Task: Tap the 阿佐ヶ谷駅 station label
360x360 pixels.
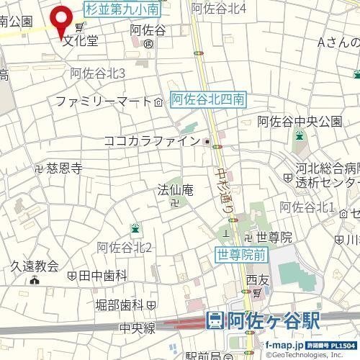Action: tap(271, 321)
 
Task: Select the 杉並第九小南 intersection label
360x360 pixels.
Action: tap(122, 9)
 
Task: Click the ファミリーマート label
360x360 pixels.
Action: tap(103, 101)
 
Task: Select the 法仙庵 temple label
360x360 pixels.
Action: tap(176, 190)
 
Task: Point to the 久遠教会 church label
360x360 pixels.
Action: tap(34, 266)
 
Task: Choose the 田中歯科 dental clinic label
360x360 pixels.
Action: tap(103, 275)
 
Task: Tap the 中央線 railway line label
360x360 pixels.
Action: tap(138, 328)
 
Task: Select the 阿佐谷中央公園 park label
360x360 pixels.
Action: tap(300, 120)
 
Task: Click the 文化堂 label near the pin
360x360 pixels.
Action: tap(79, 40)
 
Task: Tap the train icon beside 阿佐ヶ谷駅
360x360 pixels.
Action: tap(215, 321)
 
